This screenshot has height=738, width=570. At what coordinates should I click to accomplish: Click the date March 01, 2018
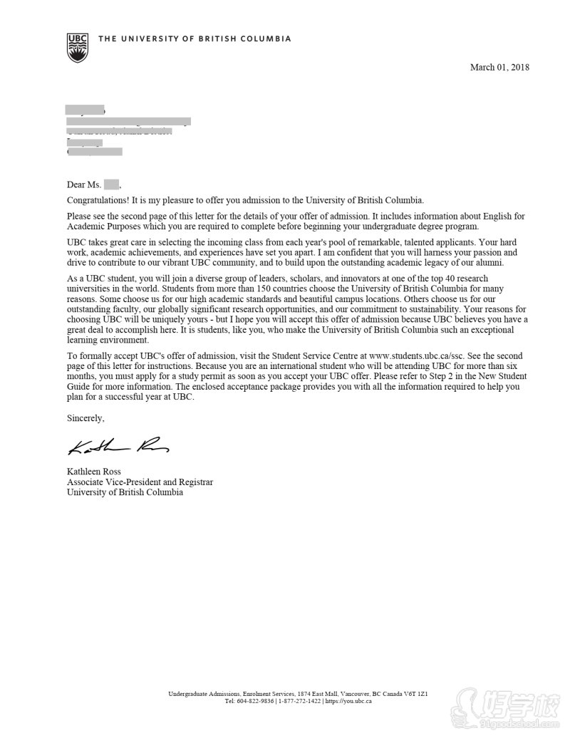(499, 68)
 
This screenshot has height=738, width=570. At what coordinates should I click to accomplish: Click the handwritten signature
(118, 446)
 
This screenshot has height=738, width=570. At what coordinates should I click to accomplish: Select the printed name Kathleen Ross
(93, 472)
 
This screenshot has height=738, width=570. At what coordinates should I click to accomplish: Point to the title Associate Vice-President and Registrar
(140, 482)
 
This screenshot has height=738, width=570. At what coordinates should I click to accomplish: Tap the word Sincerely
(85, 417)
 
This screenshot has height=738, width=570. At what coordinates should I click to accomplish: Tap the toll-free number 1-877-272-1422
(299, 701)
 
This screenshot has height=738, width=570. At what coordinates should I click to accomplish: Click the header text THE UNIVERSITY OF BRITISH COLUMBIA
(195, 39)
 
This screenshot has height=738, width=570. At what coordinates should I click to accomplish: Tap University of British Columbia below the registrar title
(125, 492)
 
